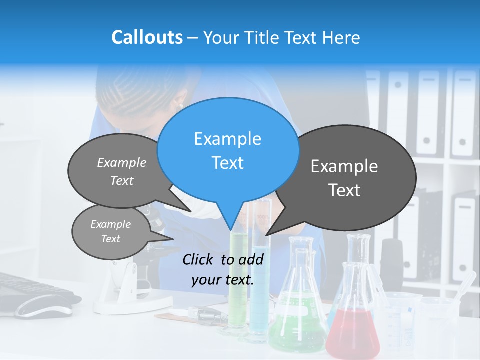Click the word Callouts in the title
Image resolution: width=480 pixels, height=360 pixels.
tap(147, 37)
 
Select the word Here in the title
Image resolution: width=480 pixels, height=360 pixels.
tap(342, 38)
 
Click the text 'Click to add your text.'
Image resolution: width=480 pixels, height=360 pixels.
tap(223, 270)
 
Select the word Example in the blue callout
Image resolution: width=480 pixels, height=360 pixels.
tap(228, 139)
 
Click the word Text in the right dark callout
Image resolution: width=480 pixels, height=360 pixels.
tap(344, 190)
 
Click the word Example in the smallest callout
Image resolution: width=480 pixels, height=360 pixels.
tap(111, 224)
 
